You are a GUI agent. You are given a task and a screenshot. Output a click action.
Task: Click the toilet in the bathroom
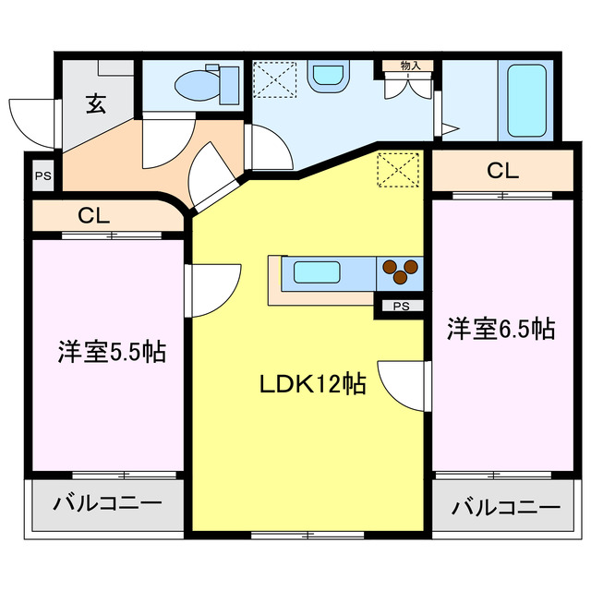[x=196, y=85]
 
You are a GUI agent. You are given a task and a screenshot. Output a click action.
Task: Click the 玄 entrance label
[x=96, y=103]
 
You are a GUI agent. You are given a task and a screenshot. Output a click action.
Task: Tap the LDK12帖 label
[x=312, y=381]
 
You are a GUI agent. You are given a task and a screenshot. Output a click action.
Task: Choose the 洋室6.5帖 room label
[x=501, y=328]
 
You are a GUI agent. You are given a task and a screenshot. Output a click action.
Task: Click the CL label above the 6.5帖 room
[x=502, y=171]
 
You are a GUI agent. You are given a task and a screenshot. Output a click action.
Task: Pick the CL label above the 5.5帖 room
[x=94, y=216]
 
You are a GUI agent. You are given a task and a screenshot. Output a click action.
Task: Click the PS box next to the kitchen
[x=401, y=306]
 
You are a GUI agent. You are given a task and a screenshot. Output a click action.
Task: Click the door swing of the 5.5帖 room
[x=211, y=290]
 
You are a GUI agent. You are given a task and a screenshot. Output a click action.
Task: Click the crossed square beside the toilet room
[x=273, y=78]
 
